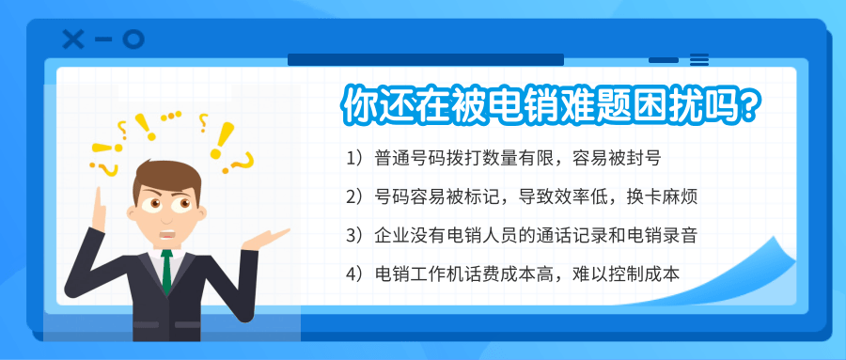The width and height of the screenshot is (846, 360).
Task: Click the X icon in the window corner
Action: [x=73, y=39]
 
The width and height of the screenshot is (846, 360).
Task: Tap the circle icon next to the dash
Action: [x=133, y=39]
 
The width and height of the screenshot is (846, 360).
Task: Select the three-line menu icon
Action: [x=699, y=60]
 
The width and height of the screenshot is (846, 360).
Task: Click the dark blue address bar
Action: [x=426, y=59]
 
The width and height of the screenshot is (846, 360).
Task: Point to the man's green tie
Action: [x=167, y=272]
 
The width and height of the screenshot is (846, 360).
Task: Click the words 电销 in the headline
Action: [x=521, y=104]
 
